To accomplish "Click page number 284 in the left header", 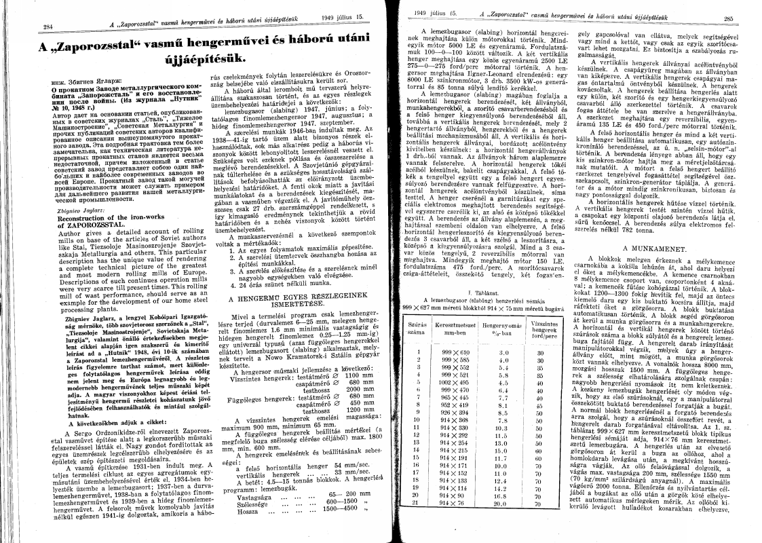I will [x=28, y=27].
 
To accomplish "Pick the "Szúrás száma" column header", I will [x=421, y=311].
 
